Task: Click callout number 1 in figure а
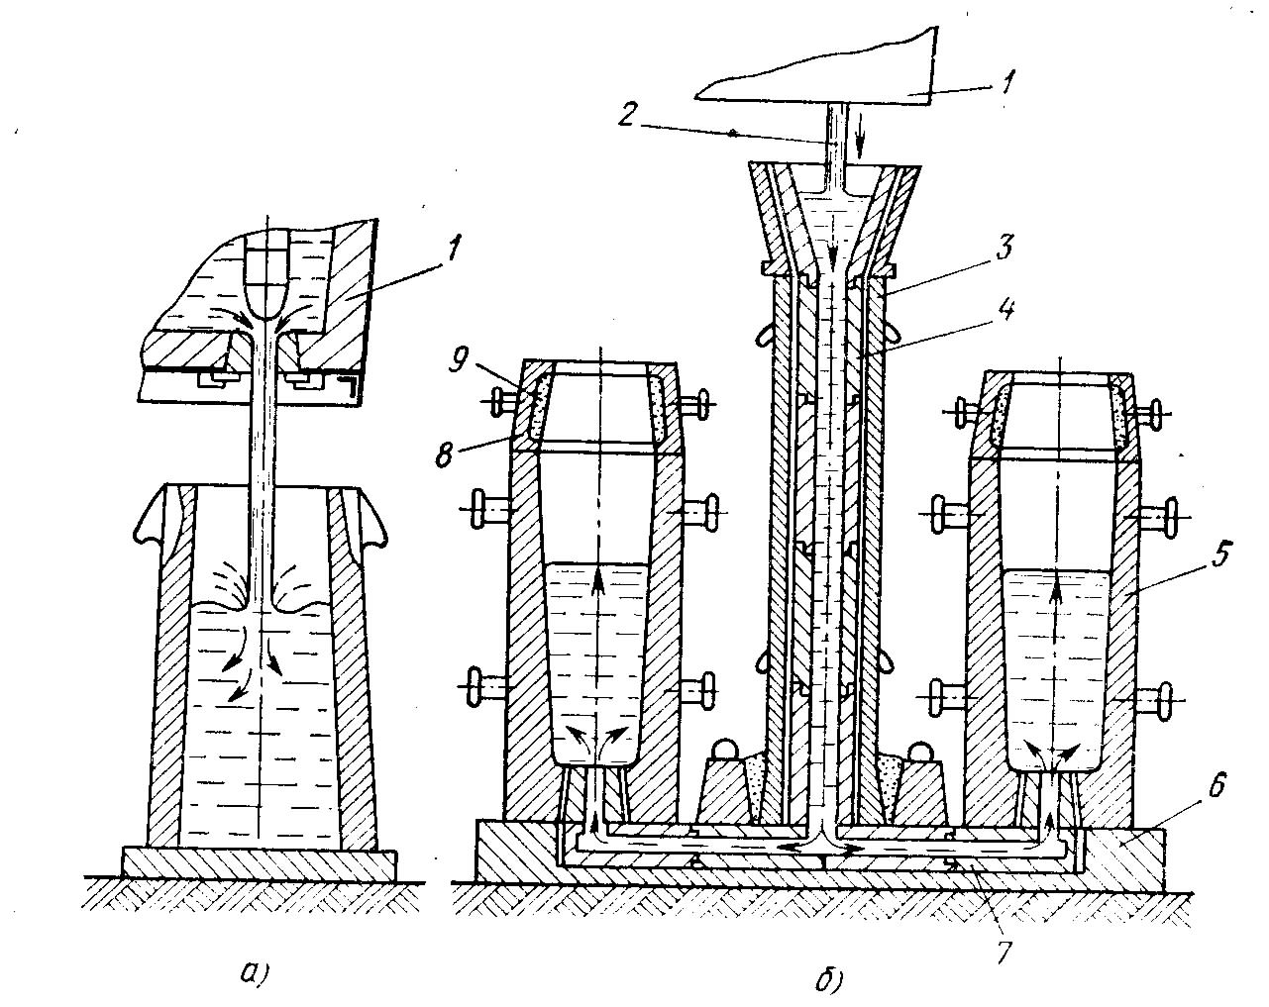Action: [453, 250]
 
